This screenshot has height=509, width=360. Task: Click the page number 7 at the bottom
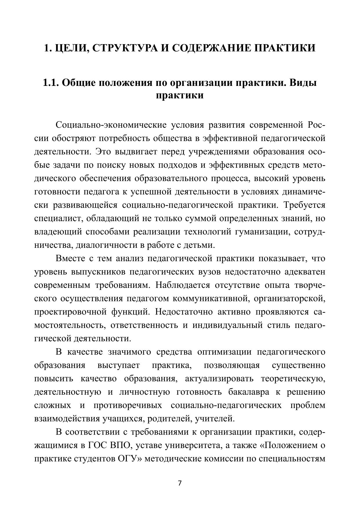(x=180, y=483)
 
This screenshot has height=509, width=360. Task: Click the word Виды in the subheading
(x=303, y=83)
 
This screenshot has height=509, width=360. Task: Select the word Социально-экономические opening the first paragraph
(x=111, y=125)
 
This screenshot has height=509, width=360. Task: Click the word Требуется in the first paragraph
(x=305, y=205)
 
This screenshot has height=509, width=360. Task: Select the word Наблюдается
(x=182, y=285)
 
